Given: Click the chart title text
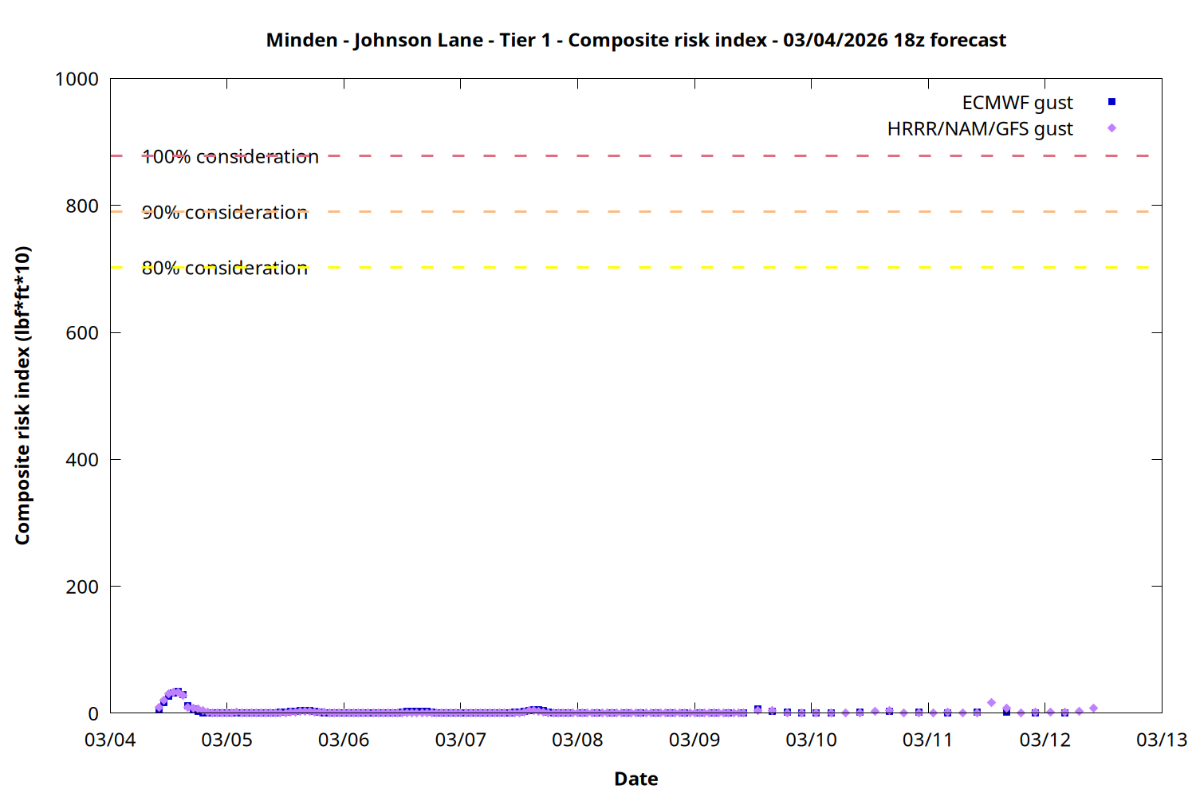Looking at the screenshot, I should pos(635,40).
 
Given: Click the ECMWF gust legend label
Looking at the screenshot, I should pos(1017,103).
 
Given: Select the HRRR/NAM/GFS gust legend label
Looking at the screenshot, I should pos(980,129).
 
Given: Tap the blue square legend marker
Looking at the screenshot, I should pos(1111,102).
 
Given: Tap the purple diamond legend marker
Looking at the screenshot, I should pos(1111,128).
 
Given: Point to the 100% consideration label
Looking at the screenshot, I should pos(230,157).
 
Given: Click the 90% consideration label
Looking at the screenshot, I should pos(225,213).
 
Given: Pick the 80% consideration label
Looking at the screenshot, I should pos(225,269).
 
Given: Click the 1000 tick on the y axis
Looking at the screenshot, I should pos(77,79).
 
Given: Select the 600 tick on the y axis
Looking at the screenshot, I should pos(82,333).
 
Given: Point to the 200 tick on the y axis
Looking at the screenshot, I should pos(82,587).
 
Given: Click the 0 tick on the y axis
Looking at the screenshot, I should pos(93,713).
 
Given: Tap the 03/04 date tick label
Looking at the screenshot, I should pos(110,740).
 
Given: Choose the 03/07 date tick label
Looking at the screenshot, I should pos(460,740).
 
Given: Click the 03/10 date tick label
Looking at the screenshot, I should pos(811,740).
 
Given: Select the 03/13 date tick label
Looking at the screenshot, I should pos(1161,740).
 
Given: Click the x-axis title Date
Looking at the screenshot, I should pos(635,779).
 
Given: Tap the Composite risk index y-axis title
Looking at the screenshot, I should pos(22,395).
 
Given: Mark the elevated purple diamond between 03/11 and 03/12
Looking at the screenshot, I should pos(991,703).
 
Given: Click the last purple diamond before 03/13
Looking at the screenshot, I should pos(1093,708).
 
